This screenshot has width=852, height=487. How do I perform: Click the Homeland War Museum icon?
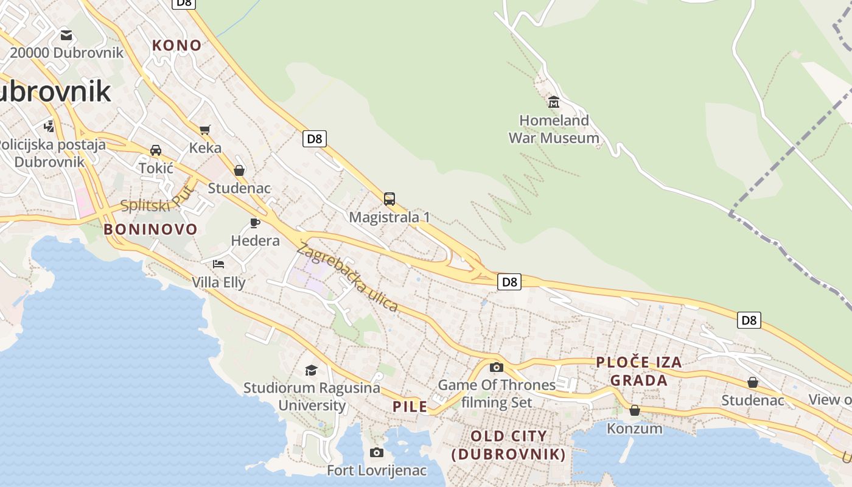tap(554, 102)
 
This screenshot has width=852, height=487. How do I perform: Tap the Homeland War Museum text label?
tap(554, 129)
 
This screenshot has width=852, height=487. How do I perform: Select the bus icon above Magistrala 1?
tap(389, 198)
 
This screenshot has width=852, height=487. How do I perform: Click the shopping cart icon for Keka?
tap(205, 130)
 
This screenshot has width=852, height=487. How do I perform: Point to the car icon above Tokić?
tap(156, 150)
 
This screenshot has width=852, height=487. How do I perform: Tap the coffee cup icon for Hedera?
tap(255, 223)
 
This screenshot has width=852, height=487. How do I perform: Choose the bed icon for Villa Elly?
tap(218, 264)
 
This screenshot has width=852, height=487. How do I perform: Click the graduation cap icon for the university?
tap(312, 370)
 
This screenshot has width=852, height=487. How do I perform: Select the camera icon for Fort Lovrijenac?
tap(377, 452)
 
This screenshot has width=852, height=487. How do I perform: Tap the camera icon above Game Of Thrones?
tap(497, 367)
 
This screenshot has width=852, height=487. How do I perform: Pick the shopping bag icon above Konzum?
tap(635, 410)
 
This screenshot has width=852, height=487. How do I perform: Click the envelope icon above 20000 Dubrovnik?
tap(66, 35)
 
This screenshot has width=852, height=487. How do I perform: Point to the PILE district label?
tap(410, 407)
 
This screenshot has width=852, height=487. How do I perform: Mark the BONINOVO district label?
tap(150, 229)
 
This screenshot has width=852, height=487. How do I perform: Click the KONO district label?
tap(176, 45)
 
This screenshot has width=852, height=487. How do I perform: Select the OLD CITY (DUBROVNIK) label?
tap(509, 445)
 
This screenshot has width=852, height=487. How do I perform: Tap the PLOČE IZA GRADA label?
tap(639, 371)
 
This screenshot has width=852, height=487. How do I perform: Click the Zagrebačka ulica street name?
tap(347, 277)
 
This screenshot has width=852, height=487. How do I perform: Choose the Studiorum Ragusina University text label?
tap(312, 396)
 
